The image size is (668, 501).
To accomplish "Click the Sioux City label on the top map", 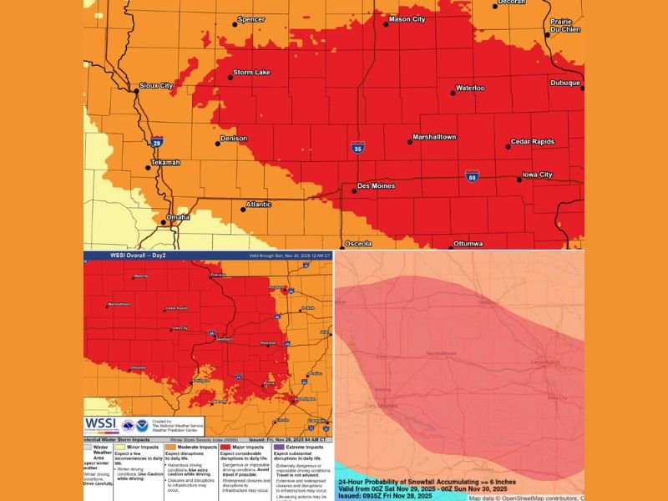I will point(156,85).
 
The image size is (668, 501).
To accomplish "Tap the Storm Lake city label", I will point(250,72).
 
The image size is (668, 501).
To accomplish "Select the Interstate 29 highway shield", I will point(157,143).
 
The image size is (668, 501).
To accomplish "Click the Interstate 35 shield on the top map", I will point(357,148).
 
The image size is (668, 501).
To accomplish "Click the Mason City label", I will point(407,18).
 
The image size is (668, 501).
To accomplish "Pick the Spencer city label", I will point(251,19).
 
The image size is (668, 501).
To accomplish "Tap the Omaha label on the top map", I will point(177,217).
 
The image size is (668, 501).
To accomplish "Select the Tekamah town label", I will point(164,162).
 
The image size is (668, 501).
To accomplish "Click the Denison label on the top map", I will point(234,138).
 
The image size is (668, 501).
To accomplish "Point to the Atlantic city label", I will point(258,205).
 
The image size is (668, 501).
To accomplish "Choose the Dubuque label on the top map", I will point(564,83).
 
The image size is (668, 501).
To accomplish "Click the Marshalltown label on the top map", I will point(434,137).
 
